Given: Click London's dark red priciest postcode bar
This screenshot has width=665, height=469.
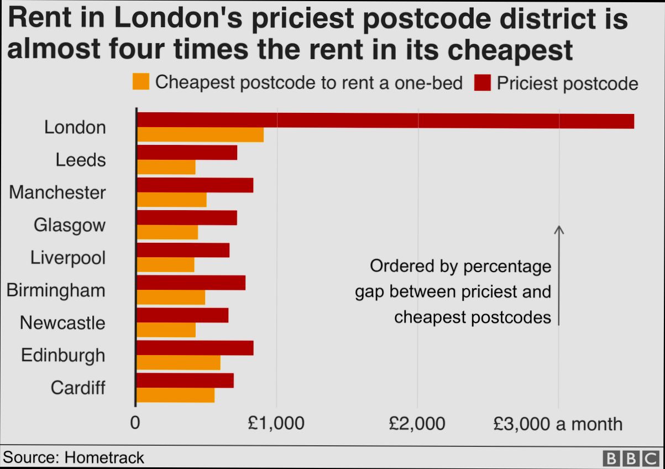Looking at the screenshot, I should click(385, 120).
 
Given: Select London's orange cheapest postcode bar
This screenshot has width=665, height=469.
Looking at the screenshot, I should click(200, 134).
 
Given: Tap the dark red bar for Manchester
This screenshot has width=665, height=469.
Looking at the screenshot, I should click(195, 185).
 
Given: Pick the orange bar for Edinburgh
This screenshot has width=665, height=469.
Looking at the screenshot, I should click(178, 362).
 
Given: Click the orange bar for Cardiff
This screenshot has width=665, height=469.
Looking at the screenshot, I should click(175, 395).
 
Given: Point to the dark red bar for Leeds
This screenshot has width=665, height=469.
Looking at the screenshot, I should click(187, 152).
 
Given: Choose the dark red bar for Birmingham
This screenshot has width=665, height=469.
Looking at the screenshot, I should click(191, 283).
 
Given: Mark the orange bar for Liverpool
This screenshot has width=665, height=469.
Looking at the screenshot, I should click(165, 265).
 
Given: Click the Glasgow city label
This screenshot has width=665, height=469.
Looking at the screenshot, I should click(69, 225).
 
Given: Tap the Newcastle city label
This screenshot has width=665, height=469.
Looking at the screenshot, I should click(62, 322).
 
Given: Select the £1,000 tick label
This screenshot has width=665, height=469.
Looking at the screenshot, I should click(276, 424).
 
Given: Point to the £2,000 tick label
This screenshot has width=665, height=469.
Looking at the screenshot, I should click(417, 424).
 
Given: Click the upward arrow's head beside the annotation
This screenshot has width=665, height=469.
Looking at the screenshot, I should click(559, 229).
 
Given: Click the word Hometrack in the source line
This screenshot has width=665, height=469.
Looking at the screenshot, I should click(104, 457).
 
